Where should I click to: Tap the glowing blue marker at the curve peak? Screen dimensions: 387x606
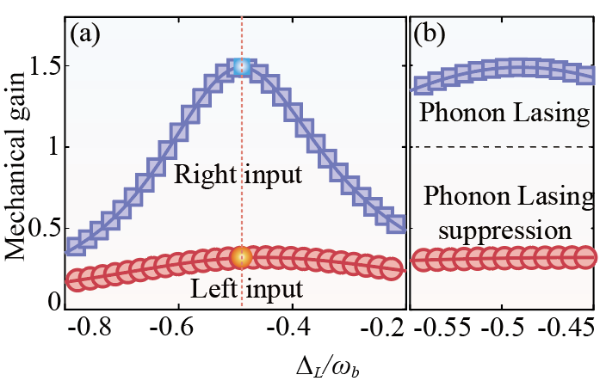[242, 67]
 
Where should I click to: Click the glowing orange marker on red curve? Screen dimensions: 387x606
[242, 256]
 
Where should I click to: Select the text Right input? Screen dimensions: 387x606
[237, 176]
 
